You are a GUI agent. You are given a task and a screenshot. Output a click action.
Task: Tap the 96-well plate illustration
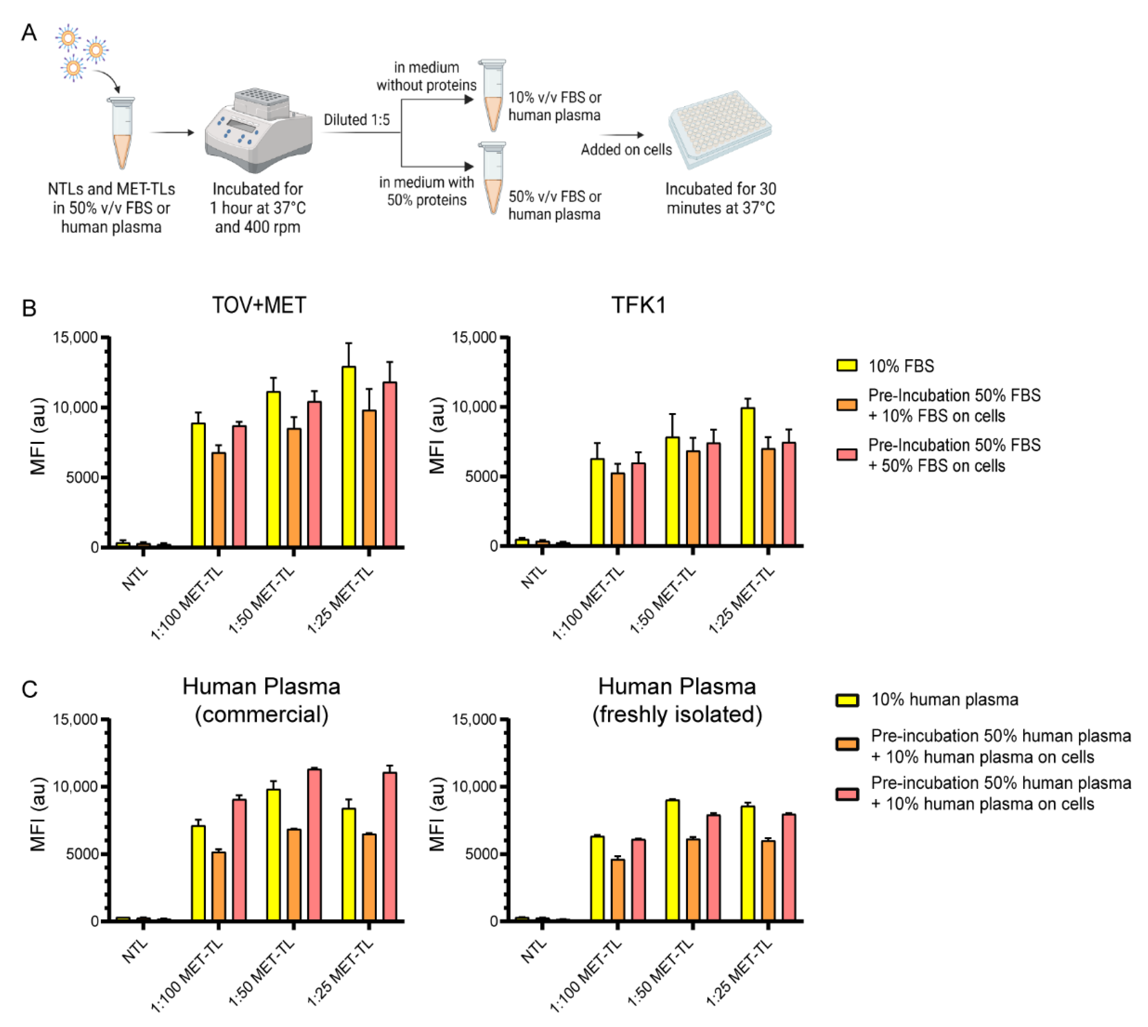720,129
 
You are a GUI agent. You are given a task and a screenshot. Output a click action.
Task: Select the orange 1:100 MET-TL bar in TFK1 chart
618,509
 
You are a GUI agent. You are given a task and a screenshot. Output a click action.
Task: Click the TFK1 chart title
638,305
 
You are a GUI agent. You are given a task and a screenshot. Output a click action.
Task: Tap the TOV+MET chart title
259,305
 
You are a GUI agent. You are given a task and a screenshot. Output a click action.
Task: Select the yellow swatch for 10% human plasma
846,700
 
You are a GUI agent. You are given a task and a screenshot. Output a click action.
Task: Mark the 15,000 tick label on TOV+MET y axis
75,337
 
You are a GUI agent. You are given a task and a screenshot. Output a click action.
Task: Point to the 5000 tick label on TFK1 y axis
481,477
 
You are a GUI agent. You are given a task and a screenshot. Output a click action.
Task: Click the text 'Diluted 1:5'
356,120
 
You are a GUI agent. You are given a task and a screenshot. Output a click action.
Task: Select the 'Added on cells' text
626,149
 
